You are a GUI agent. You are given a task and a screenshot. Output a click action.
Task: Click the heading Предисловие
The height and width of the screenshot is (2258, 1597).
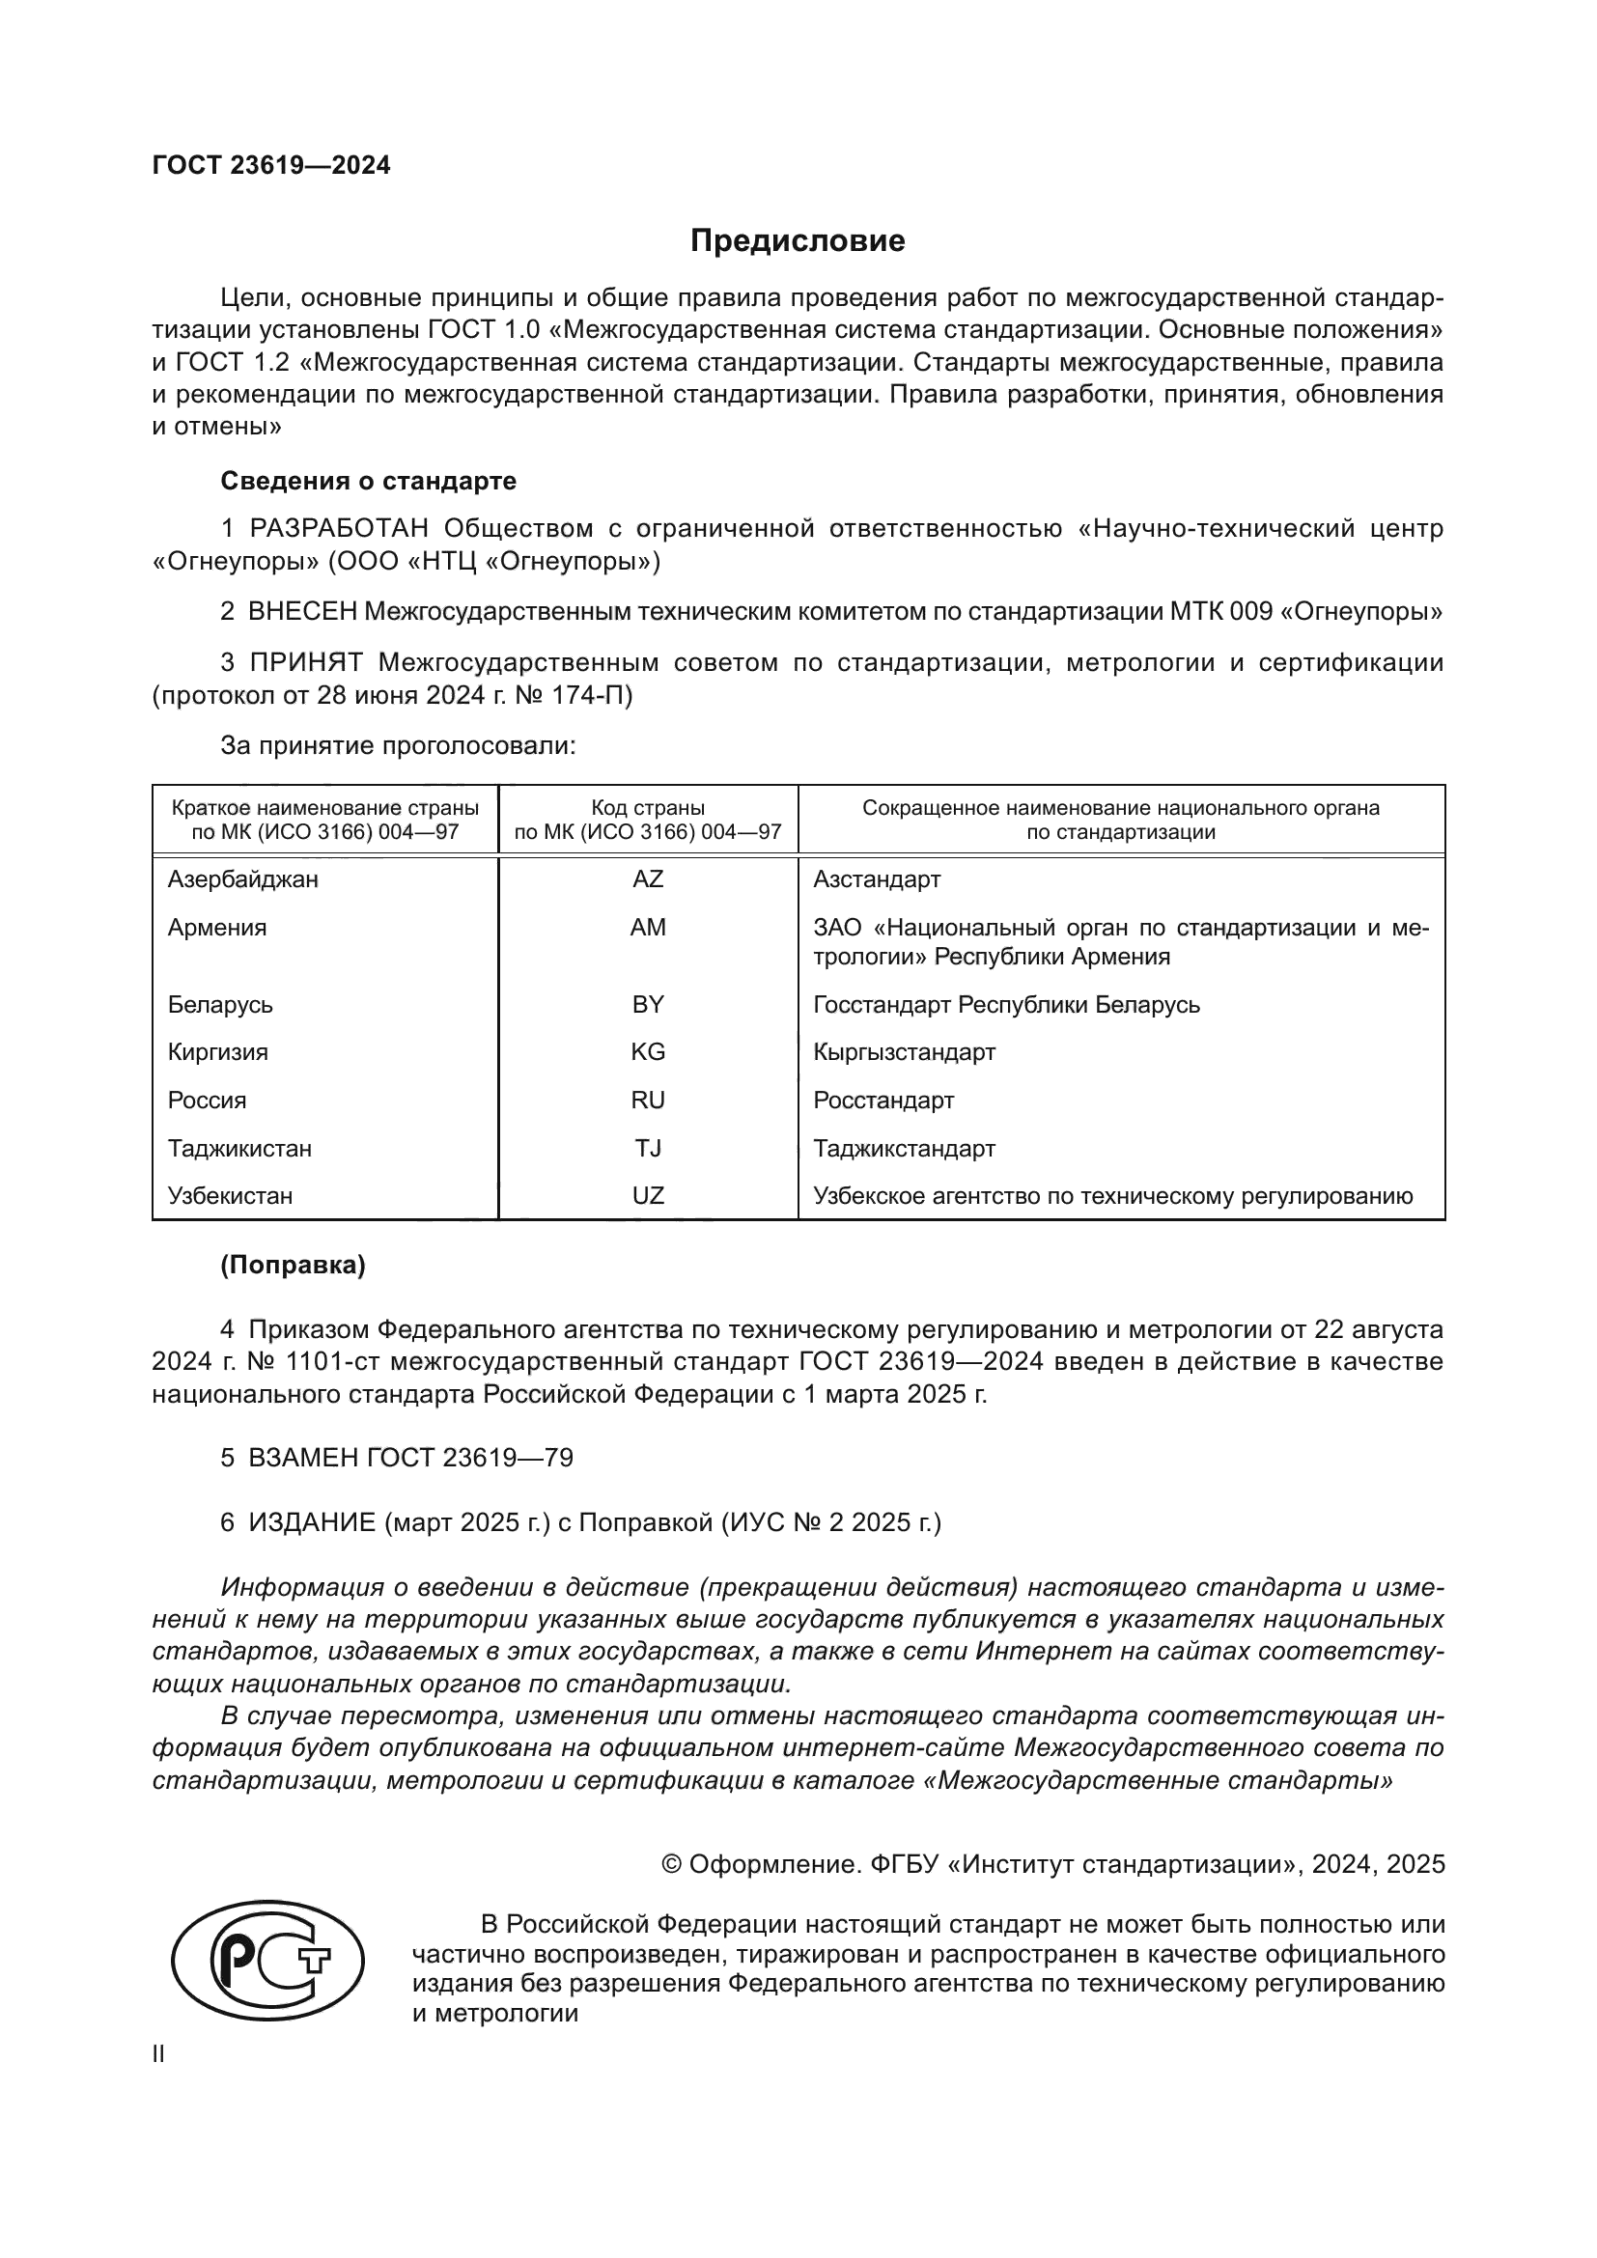click(798, 241)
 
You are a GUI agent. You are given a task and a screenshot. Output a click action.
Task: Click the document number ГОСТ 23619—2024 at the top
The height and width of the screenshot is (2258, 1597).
click(271, 165)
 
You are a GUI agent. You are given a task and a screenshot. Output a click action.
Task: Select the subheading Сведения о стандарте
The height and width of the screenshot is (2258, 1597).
click(368, 481)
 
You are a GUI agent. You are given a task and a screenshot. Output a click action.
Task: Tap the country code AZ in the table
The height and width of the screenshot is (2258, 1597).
click(648, 879)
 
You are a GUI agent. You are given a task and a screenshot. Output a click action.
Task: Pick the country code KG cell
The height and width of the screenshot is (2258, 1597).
click(648, 1052)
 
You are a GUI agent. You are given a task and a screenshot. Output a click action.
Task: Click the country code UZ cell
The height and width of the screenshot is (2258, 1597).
click(648, 1196)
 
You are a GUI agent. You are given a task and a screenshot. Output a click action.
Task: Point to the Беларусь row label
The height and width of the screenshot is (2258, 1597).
click(220, 1005)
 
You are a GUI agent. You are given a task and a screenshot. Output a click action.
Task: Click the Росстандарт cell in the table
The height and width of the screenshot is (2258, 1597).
click(883, 1101)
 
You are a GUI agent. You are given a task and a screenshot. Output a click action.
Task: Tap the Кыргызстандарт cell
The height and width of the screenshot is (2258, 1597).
click(904, 1052)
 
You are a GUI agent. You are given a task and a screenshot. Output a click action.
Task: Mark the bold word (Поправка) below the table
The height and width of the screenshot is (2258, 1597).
click(294, 1266)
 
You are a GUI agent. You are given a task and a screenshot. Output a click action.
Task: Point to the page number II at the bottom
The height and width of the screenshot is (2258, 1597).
click(158, 2054)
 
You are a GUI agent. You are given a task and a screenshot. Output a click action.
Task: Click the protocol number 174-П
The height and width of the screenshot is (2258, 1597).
click(598, 695)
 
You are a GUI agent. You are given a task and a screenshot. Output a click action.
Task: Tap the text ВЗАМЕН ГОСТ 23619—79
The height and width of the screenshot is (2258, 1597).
click(410, 1458)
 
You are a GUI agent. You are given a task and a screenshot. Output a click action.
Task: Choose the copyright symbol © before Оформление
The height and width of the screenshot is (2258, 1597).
click(672, 1865)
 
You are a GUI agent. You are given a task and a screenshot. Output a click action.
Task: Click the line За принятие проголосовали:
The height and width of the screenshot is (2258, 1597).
click(397, 745)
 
